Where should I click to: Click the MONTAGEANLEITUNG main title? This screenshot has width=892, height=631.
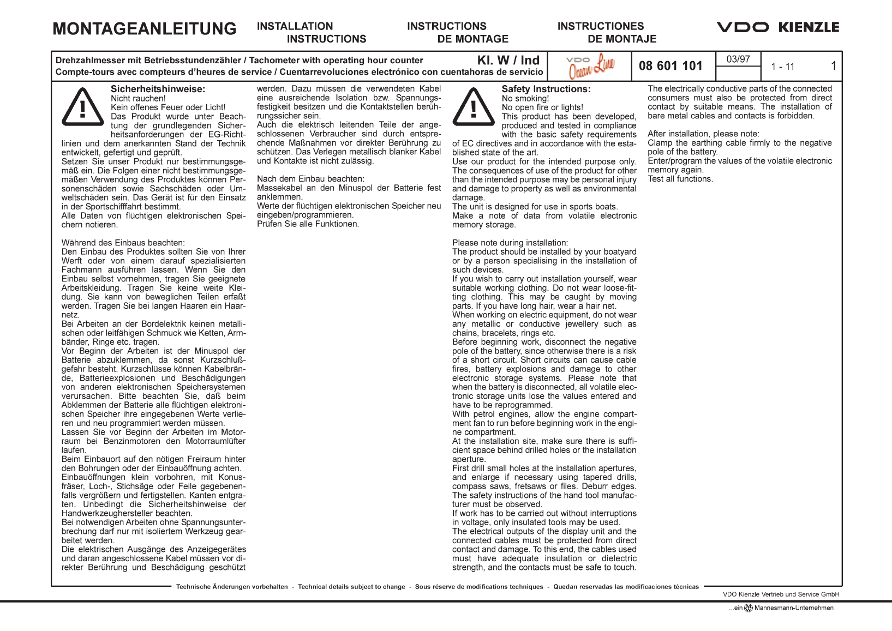click(145, 29)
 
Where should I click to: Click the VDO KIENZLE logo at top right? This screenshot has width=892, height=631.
click(777, 27)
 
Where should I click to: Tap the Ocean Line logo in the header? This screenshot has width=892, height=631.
click(591, 66)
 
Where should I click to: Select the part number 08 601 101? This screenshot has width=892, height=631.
click(671, 66)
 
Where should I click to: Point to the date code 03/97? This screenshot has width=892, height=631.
click(738, 59)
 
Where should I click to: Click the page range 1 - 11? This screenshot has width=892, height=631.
click(782, 67)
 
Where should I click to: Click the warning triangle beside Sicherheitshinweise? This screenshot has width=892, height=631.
click(82, 107)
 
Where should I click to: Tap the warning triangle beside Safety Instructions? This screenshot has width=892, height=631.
click(474, 107)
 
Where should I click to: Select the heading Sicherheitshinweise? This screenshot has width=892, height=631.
click(158, 89)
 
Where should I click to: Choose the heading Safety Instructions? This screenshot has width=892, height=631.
click(546, 89)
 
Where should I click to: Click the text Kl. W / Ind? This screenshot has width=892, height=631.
click(508, 61)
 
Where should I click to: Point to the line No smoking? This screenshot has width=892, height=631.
click(525, 99)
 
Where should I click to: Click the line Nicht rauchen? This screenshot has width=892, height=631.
click(138, 99)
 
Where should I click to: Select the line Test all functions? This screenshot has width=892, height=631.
click(680, 179)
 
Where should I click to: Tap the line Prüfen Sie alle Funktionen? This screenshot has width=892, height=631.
click(308, 224)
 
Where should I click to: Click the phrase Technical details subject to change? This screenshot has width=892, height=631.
click(351, 587)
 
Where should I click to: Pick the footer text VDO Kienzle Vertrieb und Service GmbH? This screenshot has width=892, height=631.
click(781, 594)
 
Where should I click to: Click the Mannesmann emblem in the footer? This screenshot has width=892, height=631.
click(749, 608)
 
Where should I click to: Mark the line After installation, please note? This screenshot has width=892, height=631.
click(703, 134)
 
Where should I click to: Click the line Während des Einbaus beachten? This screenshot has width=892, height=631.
click(123, 243)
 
